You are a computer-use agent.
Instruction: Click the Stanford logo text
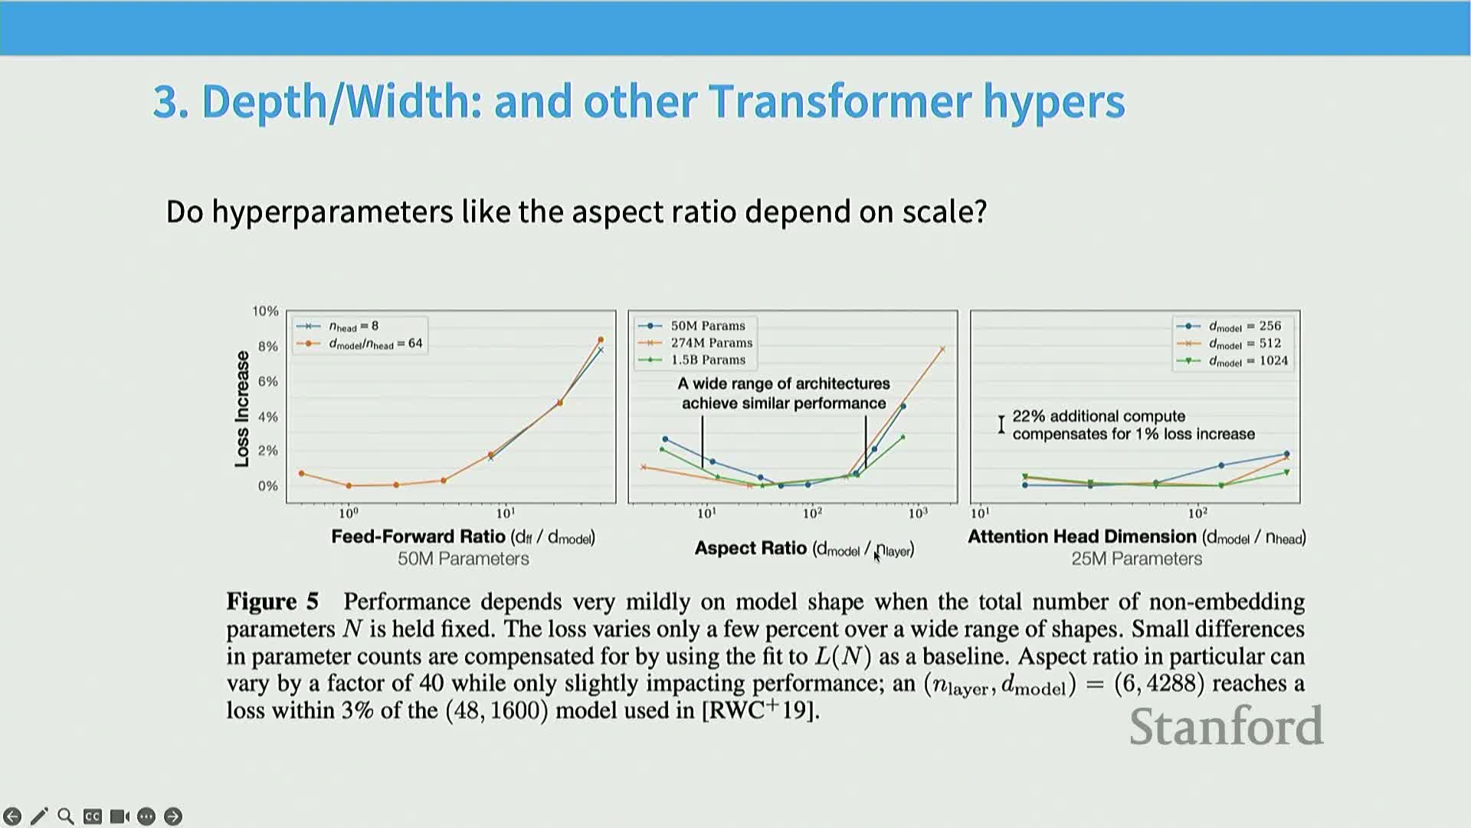1226,726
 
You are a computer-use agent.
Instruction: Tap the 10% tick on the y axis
265,310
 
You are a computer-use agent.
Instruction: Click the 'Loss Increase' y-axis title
242,409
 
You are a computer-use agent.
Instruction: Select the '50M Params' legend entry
708,326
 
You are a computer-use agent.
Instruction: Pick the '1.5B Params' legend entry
708,360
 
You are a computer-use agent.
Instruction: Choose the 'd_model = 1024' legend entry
1248,361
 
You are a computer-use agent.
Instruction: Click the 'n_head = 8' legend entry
353,326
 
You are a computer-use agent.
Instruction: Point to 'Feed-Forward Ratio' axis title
418,536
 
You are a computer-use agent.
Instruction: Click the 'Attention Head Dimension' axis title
1082,536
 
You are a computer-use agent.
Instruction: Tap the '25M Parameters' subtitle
1136,559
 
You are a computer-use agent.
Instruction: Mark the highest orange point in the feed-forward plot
601,340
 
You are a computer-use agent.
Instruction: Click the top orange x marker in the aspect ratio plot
942,349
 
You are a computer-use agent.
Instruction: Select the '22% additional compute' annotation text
1099,416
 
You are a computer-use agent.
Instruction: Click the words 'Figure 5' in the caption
272,602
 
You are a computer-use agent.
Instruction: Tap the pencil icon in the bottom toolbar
39,816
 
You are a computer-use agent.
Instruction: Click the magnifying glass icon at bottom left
66,816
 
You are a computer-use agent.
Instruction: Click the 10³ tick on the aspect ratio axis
917,513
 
